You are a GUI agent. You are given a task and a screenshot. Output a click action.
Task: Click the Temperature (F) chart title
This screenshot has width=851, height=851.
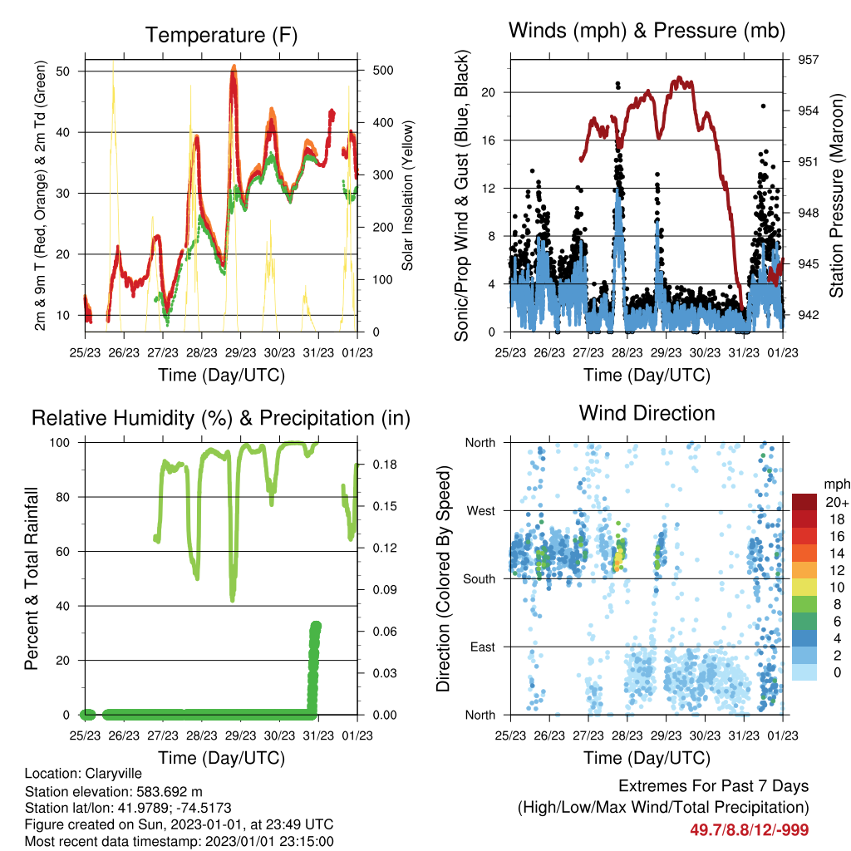click(x=221, y=35)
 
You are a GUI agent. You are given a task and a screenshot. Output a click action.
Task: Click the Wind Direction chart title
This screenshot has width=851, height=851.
click(x=647, y=413)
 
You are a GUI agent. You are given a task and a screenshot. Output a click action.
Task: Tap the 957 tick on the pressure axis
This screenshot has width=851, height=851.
click(x=808, y=60)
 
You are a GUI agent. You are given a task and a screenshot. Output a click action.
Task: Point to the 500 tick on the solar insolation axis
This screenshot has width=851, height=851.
click(x=383, y=71)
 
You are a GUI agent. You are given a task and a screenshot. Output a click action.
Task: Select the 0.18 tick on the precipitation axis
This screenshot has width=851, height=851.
click(x=385, y=465)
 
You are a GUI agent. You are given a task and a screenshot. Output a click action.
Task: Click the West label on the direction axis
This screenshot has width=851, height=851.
click(x=481, y=511)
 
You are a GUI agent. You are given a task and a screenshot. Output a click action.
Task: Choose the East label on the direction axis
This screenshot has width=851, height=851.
click(x=483, y=647)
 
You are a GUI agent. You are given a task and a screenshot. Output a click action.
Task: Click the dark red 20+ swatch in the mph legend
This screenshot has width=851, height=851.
click(x=804, y=502)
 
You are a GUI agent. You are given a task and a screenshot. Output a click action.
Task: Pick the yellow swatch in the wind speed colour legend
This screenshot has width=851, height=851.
click(x=804, y=588)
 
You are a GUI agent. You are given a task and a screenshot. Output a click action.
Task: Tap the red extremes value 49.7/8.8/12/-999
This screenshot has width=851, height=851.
click(x=750, y=830)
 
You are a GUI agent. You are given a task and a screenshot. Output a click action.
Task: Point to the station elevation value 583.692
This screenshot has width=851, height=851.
click(x=160, y=791)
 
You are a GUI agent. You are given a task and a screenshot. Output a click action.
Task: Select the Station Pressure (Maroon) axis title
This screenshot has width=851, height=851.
click(x=836, y=195)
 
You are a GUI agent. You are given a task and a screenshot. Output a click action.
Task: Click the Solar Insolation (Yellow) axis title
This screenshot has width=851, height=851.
click(x=407, y=195)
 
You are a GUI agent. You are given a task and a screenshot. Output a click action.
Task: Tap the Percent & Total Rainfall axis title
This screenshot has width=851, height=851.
click(x=32, y=578)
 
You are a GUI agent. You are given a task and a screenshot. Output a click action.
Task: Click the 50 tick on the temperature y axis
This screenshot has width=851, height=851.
click(x=62, y=71)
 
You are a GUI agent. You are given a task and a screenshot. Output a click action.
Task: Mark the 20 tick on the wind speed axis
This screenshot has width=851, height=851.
click(x=489, y=92)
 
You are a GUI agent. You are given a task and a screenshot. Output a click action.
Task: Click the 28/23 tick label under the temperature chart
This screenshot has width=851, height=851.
click(x=201, y=352)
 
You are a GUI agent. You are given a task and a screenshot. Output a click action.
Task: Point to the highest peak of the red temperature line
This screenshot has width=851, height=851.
click(x=234, y=66)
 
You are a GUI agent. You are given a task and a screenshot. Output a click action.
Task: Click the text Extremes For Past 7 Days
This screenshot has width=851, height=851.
click(x=714, y=786)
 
